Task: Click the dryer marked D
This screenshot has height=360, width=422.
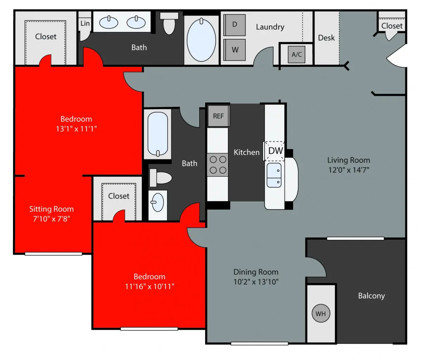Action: coord(234,25)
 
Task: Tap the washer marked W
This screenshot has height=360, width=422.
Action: coord(234,50)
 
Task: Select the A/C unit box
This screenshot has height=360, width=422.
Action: coord(297,54)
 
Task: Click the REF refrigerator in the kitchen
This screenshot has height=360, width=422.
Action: coord(219,116)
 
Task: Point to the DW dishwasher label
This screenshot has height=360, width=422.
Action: coord(276,151)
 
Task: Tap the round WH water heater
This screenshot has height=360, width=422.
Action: coord(321,313)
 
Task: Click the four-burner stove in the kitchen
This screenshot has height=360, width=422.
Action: coord(218,165)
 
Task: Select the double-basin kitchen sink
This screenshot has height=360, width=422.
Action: coord(274,175)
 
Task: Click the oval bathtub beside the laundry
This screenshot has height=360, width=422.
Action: coord(201,40)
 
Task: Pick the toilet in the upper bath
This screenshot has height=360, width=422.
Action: coord(169,23)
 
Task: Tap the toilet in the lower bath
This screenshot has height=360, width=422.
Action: coord(161,178)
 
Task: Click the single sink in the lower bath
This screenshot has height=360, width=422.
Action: coord(158,202)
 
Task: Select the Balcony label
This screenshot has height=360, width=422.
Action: coord(371,296)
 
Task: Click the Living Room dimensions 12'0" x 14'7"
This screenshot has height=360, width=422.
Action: coord(349,170)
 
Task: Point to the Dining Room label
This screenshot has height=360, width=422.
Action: coord(256,272)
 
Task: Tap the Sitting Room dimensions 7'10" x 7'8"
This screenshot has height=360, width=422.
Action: coord(51,219)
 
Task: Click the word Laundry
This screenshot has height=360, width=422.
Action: coord(270,27)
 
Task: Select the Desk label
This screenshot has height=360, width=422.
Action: coord(326,38)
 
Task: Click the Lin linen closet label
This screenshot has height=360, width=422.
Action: coord(85,23)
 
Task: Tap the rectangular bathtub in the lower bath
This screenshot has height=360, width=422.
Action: coord(158,134)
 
